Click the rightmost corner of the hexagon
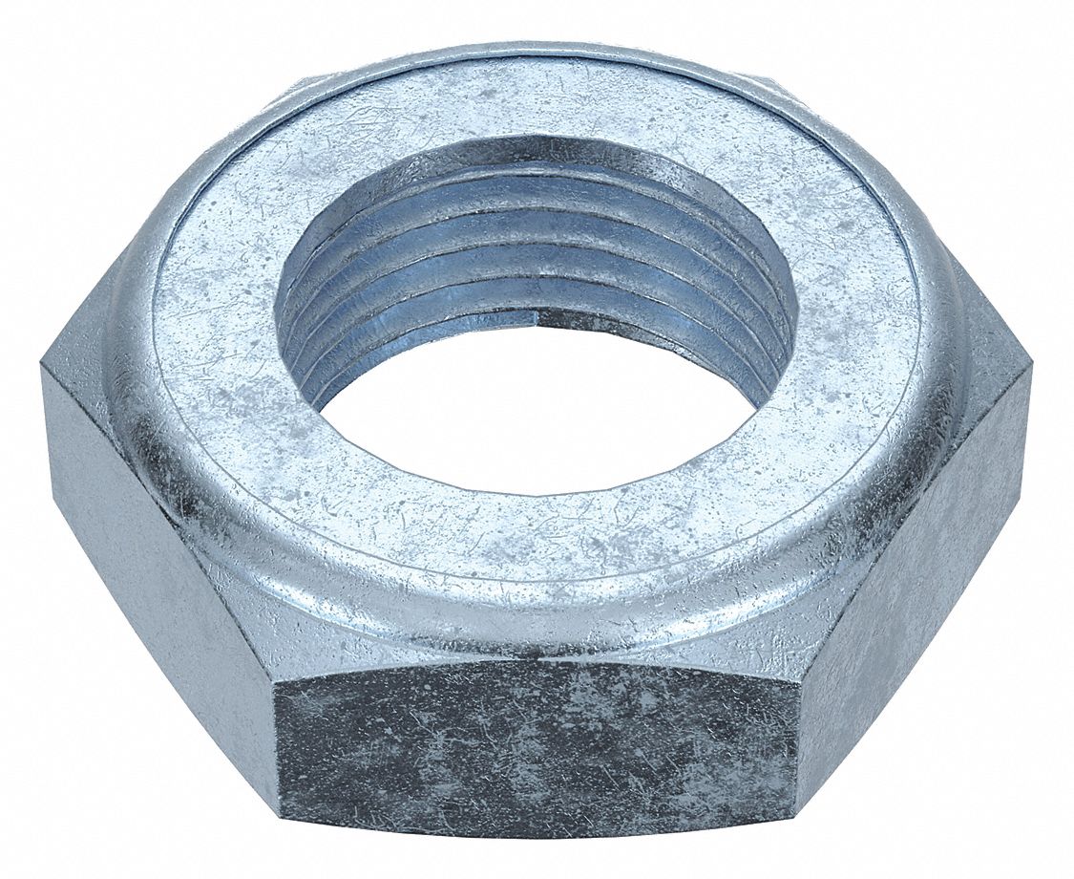tap(1032, 363)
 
